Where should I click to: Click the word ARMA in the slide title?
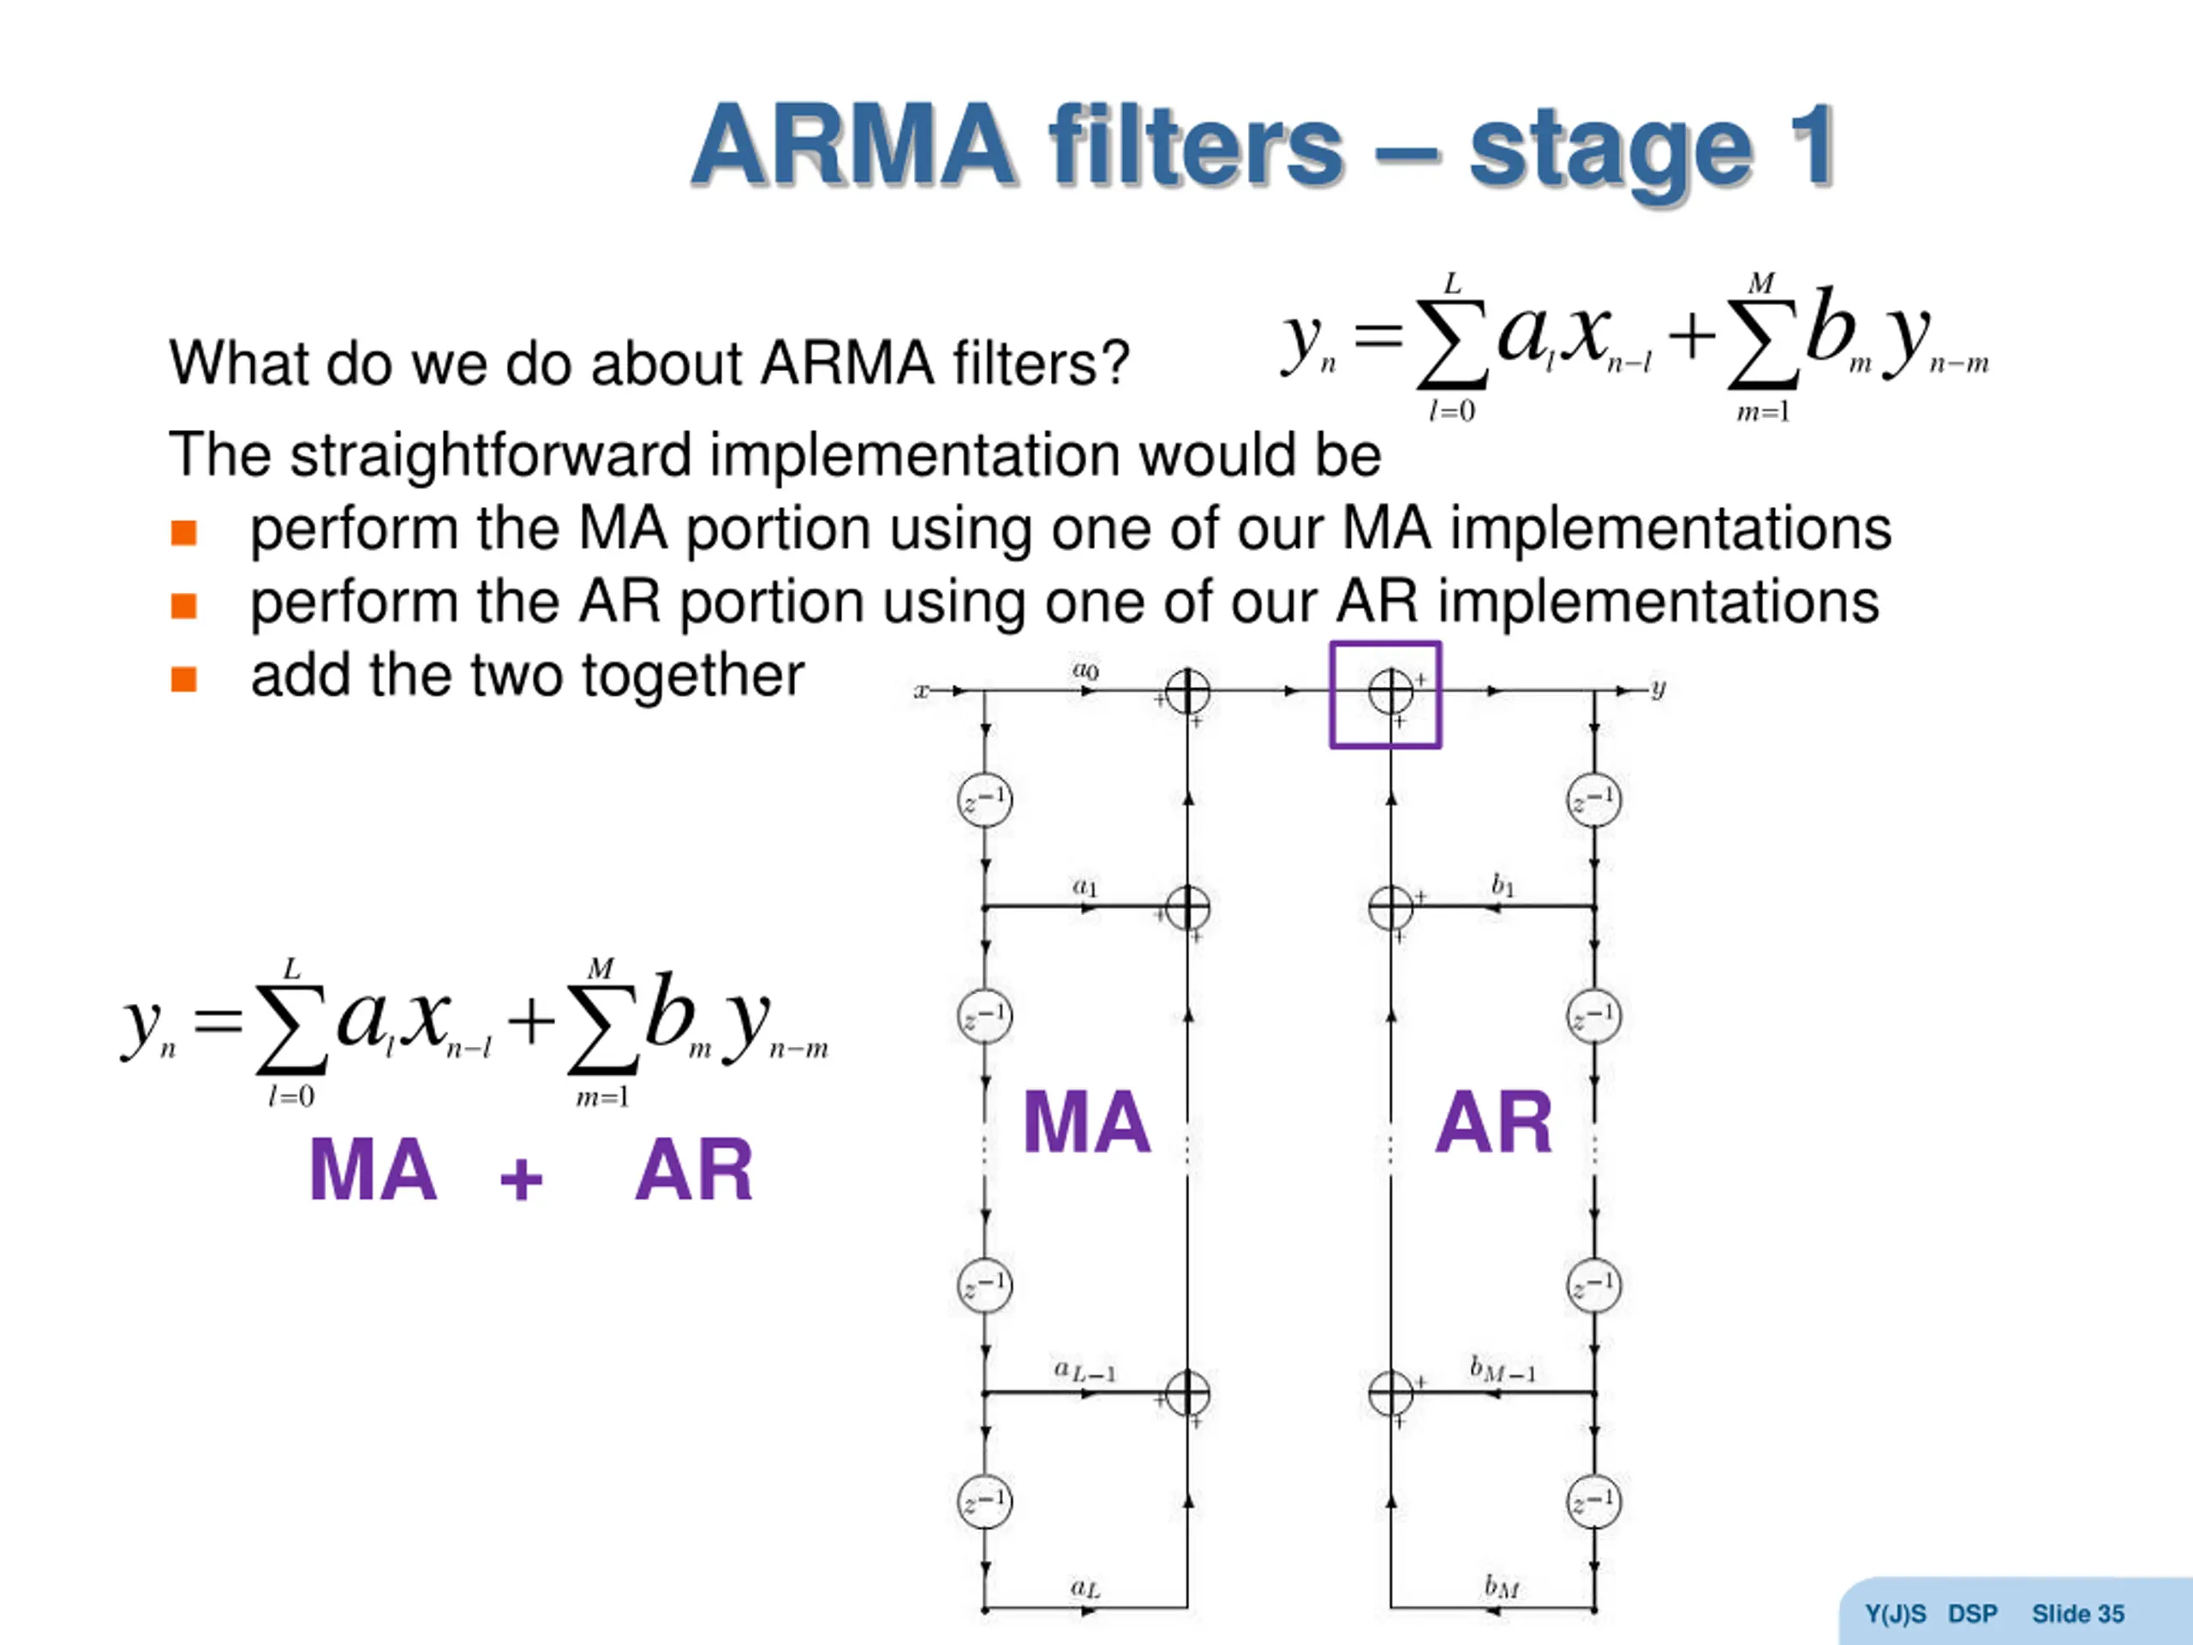pos(853,146)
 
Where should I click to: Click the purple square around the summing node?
pos(1385,694)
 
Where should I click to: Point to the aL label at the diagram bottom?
pos(1085,1588)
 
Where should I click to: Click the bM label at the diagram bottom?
pos(1502,1588)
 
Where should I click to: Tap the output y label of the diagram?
pos(1658,688)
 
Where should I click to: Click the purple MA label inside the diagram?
pos(1086,1122)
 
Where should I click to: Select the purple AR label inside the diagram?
pos(1493,1122)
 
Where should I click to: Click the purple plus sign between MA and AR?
pos(521,1179)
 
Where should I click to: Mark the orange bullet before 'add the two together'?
pos(183,679)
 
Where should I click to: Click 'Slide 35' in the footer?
pos(2077,1614)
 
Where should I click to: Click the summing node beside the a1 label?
pos(1186,907)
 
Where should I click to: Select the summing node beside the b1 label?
pos(1390,907)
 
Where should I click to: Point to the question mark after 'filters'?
pos(1117,363)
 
